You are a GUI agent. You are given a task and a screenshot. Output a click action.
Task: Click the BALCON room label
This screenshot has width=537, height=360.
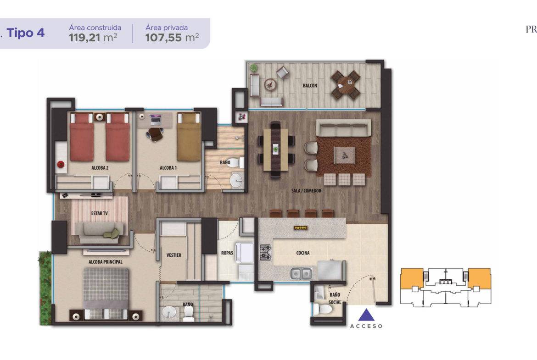[310, 86]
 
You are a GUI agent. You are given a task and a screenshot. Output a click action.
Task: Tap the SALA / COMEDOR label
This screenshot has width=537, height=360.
[306, 191]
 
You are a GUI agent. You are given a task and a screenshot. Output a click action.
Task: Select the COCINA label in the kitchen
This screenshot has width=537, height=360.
[303, 253]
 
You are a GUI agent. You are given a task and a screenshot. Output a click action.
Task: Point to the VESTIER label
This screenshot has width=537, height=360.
[173, 255]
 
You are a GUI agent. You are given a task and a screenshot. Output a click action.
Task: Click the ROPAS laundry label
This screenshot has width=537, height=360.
[227, 253]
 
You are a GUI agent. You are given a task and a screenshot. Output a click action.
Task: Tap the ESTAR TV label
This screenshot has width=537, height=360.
[99, 213]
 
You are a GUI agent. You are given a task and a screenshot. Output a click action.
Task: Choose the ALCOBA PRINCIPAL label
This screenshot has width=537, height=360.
[105, 262]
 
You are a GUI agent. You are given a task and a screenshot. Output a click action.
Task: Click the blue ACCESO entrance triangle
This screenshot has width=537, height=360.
[366, 315]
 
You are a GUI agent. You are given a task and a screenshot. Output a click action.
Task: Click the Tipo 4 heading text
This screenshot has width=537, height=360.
[25, 33]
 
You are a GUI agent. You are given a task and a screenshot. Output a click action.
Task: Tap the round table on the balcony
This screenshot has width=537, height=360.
[345, 84]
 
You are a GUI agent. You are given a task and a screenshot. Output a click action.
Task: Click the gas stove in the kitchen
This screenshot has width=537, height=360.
[265, 253]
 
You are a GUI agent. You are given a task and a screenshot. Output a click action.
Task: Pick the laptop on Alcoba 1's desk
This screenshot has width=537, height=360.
[156, 119]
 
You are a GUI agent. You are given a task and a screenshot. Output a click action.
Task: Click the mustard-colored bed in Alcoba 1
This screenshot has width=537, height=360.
[189, 137]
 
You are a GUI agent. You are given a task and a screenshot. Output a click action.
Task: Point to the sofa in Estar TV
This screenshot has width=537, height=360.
[99, 233]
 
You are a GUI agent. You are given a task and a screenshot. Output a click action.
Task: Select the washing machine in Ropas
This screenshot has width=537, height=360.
[245, 253]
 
